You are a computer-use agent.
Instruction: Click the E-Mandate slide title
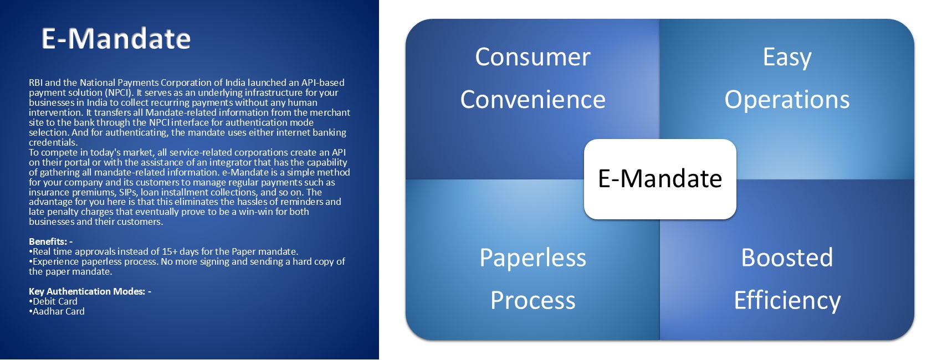[x=116, y=39]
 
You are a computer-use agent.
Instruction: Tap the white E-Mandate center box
[x=660, y=179]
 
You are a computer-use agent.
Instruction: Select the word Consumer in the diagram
[x=533, y=57]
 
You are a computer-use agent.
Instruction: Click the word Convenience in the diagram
[x=533, y=100]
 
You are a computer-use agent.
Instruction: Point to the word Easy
[x=787, y=57]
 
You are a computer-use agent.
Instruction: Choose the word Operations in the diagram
[x=787, y=100]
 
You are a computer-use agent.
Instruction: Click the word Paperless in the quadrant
[x=533, y=258]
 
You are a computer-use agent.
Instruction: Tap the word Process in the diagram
[x=533, y=300]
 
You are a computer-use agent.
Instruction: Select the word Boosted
[x=787, y=258]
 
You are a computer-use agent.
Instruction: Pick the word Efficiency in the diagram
[x=787, y=300]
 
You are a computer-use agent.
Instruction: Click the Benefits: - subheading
[x=50, y=241]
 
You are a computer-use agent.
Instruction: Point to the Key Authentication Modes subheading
[x=90, y=291]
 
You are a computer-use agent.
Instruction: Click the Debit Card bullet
[x=54, y=301]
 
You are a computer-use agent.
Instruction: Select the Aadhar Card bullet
[x=58, y=311]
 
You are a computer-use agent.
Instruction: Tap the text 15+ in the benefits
[x=170, y=251]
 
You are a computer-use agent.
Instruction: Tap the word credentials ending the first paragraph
[x=53, y=142]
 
